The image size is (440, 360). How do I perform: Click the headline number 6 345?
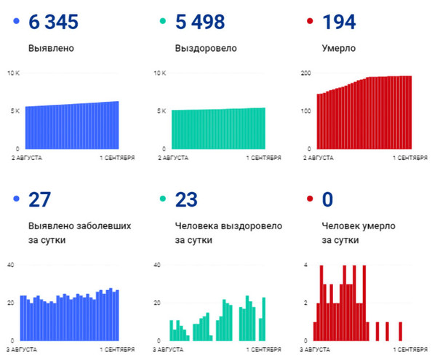53,22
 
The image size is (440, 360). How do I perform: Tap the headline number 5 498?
200,22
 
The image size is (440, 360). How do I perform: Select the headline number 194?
339,22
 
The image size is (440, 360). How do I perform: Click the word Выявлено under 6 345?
51,48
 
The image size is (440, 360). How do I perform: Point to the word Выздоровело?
206,48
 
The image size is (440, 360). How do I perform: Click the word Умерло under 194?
339,48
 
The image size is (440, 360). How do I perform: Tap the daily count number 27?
39,199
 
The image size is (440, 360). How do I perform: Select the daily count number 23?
186,199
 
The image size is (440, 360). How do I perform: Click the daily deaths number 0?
327,199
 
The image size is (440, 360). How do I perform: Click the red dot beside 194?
310,21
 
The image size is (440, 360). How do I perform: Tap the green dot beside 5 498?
163,21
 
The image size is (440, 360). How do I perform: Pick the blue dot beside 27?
16,199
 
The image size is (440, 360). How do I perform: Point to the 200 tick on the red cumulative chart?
306,73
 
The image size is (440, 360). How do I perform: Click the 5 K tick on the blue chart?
15,111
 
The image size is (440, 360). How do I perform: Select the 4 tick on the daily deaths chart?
306,265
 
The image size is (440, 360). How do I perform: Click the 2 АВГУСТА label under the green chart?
173,158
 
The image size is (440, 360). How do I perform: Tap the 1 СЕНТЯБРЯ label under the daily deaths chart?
410,350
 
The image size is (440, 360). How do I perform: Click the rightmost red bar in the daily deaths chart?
401,332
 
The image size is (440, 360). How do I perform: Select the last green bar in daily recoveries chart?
264,319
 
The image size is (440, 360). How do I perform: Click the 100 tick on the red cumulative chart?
306,111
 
